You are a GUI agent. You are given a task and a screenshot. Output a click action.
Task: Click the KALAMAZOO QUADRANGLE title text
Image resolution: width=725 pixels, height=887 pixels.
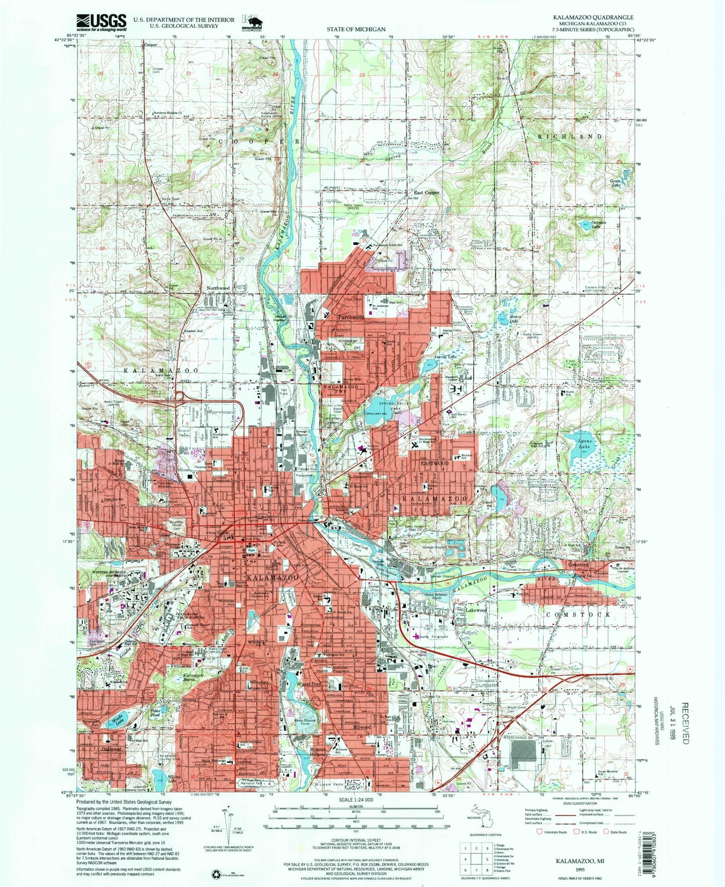593,17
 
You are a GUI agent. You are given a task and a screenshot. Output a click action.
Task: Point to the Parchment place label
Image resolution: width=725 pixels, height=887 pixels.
351,317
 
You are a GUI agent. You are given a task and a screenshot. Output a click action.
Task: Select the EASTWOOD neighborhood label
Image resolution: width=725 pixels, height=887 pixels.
434,463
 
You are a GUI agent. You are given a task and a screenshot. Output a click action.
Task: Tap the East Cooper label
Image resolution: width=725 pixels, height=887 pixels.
426,192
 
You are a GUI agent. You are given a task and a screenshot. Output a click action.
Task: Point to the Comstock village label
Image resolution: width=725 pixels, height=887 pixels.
581,565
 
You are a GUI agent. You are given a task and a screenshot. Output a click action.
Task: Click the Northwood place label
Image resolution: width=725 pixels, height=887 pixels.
218,288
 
